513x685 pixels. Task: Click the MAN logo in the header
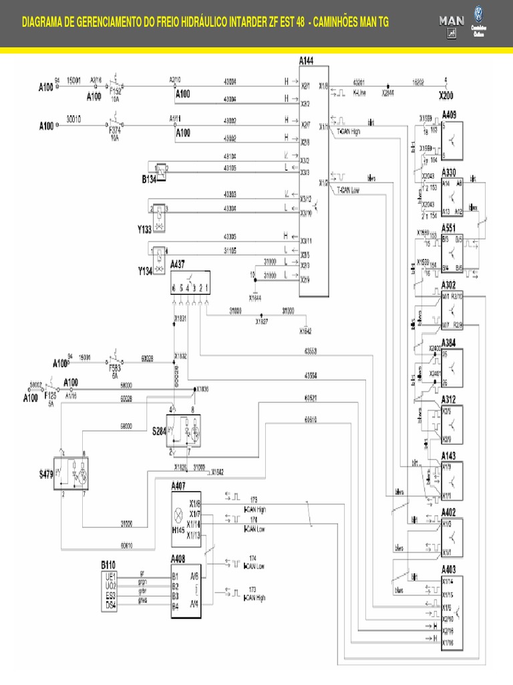click(452, 21)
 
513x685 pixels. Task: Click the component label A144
click(307, 61)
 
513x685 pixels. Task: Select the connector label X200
click(446, 96)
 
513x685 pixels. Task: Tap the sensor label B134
click(149, 179)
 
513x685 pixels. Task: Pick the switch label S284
click(159, 431)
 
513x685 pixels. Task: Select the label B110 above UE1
click(109, 565)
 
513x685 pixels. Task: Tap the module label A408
click(178, 558)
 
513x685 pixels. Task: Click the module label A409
click(449, 114)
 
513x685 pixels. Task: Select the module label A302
click(449, 285)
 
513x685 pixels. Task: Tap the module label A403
click(449, 569)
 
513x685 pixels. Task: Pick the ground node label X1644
click(254, 297)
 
